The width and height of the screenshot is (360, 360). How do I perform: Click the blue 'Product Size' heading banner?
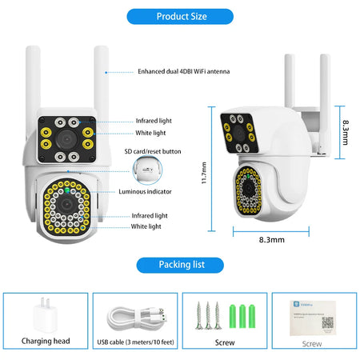[x=179, y=16]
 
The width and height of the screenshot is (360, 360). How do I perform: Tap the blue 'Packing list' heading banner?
[x=179, y=265]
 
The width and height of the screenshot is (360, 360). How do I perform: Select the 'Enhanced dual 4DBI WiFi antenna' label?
[x=183, y=71]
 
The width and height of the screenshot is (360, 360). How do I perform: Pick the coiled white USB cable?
[x=135, y=315]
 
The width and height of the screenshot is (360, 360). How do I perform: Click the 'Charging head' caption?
[x=46, y=341]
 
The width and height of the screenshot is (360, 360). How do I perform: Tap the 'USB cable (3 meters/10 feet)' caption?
[x=135, y=341]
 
